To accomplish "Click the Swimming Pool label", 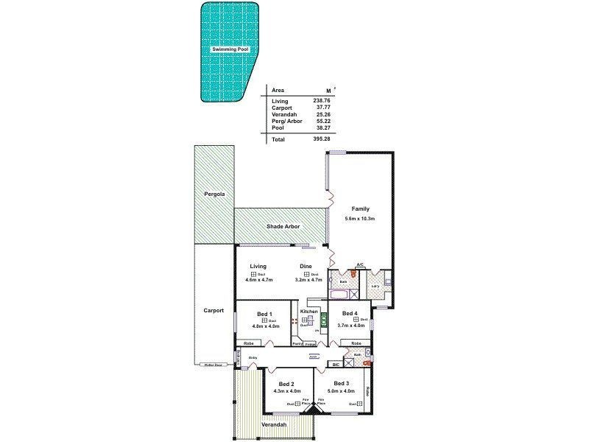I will pyautogui.click(x=228, y=49).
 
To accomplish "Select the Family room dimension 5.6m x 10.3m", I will pyautogui.click(x=361, y=219).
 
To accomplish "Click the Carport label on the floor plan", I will pyautogui.click(x=214, y=310).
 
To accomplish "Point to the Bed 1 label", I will pyautogui.click(x=264, y=314).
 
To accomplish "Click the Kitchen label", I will pyautogui.click(x=309, y=312).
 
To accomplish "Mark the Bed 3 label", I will pyautogui.click(x=341, y=383).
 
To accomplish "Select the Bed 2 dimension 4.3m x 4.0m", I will pyautogui.click(x=286, y=391).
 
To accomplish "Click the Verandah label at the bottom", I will pyautogui.click(x=273, y=425).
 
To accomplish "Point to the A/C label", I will pyautogui.click(x=360, y=264).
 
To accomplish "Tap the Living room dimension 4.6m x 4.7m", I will pyautogui.click(x=258, y=280).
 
